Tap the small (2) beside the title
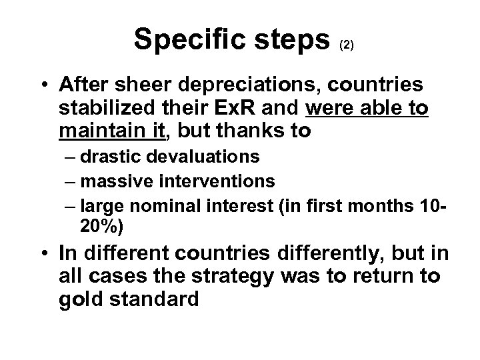[347, 45]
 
